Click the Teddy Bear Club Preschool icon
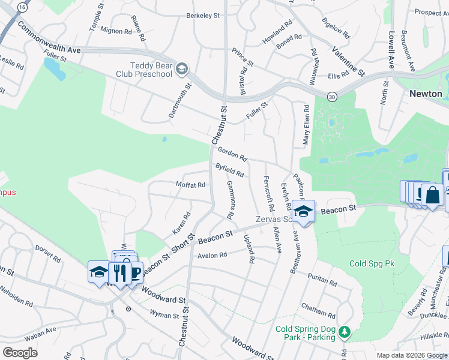tap(181, 70)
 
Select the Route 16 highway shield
tap(22, 7)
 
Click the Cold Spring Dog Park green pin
tap(344, 332)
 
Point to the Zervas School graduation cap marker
tap(304, 211)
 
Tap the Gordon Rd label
tap(232, 154)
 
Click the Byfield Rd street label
tap(230, 170)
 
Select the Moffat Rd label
tap(190, 185)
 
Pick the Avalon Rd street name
tap(212, 255)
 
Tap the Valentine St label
tap(348, 61)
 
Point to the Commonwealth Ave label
tap(49, 38)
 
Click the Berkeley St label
tap(203, 16)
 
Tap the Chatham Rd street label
tap(318, 310)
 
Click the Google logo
tap(20, 352)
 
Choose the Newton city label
tap(426, 94)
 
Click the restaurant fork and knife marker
tap(120, 273)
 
